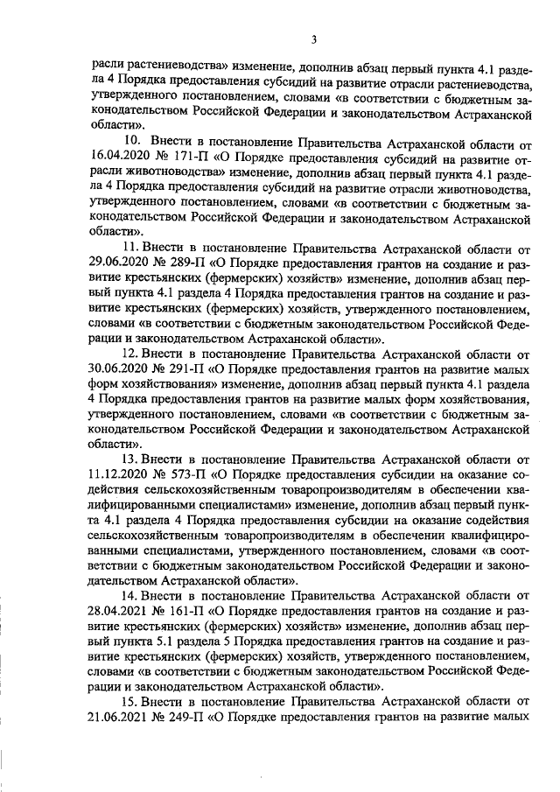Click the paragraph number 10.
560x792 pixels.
click(130, 140)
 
